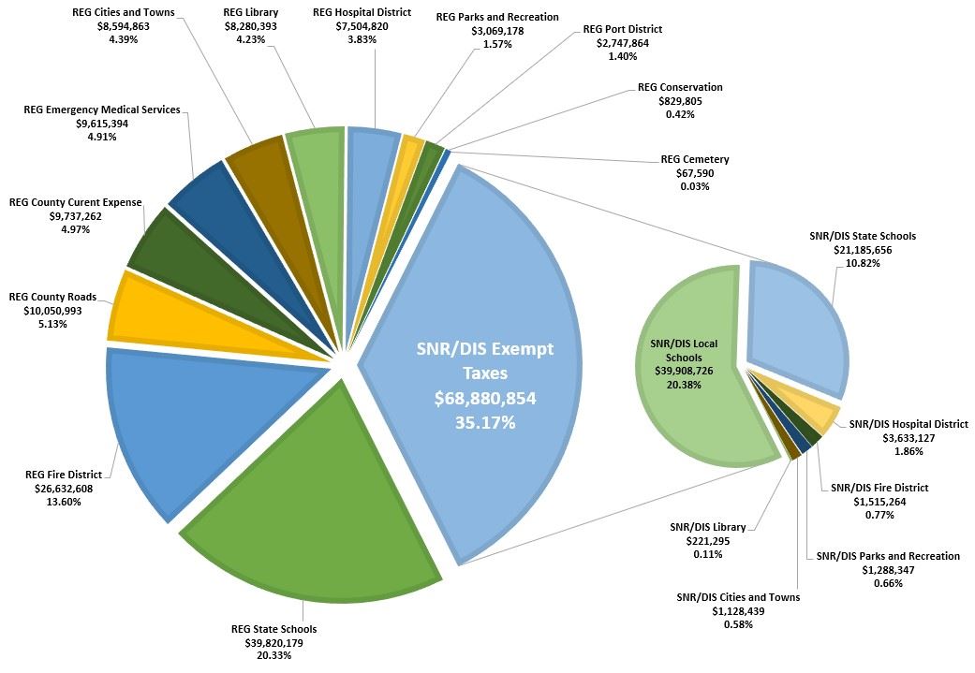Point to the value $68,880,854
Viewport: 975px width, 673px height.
click(485, 399)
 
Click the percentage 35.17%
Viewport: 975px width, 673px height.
click(485, 422)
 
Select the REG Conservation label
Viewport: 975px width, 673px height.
click(680, 87)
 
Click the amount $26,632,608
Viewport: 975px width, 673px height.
click(58, 489)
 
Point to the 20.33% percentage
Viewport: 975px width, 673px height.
click(273, 655)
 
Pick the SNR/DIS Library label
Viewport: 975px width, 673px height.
click(701, 527)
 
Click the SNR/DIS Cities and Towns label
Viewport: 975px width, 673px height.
click(738, 597)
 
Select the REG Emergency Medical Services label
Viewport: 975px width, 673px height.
click(102, 110)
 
